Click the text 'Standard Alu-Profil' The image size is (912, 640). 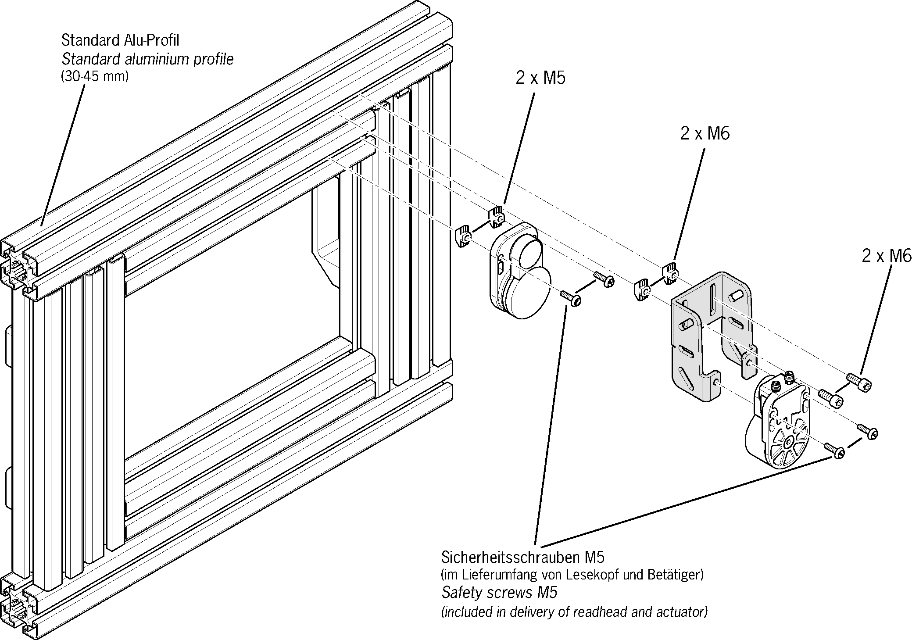[120, 40]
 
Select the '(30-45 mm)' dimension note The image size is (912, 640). [94, 77]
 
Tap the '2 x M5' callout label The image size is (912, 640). [540, 78]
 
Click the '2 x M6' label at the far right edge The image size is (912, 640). [886, 256]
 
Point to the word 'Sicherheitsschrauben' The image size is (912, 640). [511, 558]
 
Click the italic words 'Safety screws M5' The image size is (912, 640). [499, 593]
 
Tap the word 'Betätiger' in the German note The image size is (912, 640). [678, 575]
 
